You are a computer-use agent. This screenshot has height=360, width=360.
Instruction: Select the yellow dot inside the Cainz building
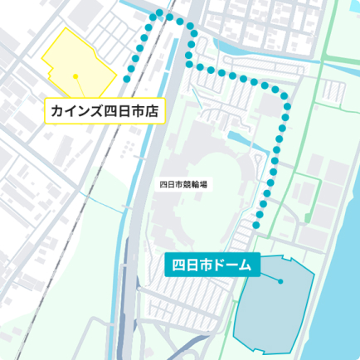(75, 76)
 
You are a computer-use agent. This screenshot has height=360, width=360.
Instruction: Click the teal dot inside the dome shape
(282, 280)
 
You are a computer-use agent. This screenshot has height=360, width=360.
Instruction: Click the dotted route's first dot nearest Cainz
(127, 79)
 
